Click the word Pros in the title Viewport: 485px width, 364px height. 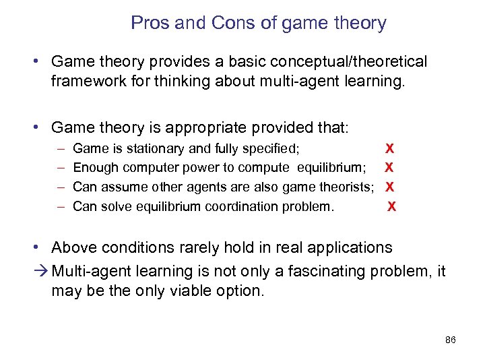point(150,23)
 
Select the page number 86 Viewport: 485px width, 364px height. point(451,340)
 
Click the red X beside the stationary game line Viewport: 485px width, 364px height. point(389,148)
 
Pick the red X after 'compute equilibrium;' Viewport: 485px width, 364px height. point(389,168)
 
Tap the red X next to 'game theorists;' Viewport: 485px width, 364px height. point(389,187)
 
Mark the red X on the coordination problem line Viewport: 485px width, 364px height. point(391,206)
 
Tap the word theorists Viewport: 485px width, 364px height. point(342,187)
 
